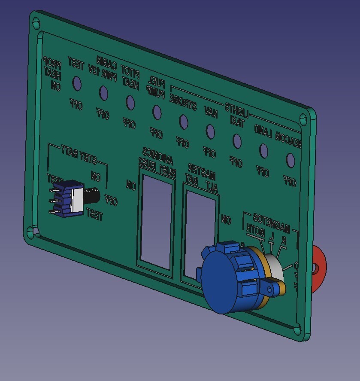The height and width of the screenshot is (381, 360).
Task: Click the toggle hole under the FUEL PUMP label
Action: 157,112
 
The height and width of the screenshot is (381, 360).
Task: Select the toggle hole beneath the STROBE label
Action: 184,122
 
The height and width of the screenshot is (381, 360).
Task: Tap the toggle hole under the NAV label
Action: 210,131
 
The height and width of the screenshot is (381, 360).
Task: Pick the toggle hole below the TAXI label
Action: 236,141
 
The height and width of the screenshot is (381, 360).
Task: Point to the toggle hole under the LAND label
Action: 263,150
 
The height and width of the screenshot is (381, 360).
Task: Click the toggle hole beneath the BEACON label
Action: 290,160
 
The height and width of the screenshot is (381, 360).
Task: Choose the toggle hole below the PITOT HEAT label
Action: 130,102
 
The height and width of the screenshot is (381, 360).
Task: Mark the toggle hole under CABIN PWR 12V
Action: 103,92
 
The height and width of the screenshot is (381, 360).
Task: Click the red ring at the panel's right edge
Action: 319,266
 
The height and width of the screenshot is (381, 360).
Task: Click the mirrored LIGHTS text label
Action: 236,110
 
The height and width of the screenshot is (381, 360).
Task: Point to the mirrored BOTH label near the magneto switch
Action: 255,231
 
